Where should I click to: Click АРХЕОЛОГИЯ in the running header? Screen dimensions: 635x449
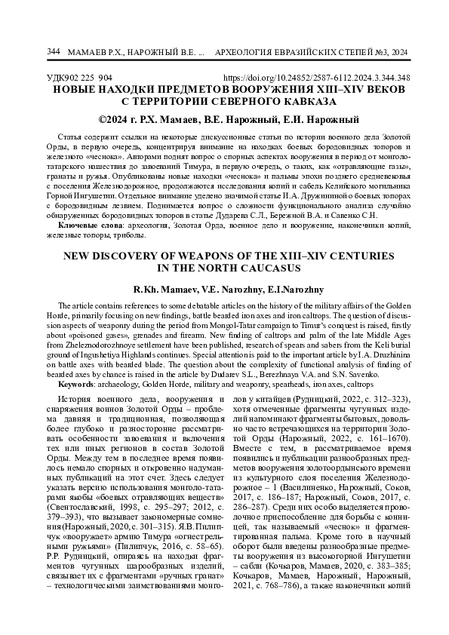tap(249, 52)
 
